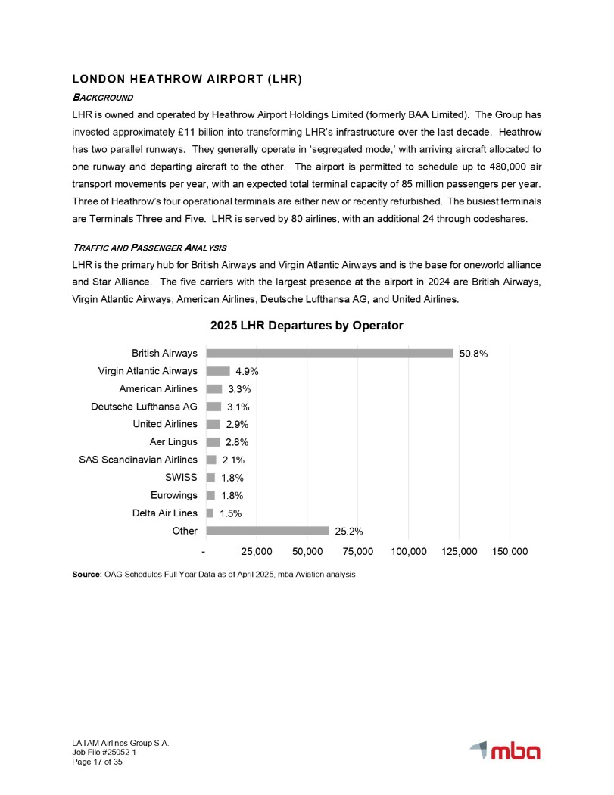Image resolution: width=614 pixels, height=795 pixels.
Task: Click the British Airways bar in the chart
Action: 329,353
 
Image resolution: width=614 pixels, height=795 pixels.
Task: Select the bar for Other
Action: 267,531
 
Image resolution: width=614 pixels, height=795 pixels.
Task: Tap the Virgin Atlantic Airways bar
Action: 218,371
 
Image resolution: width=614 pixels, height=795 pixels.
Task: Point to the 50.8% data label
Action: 473,354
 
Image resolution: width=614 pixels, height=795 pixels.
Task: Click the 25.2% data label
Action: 349,532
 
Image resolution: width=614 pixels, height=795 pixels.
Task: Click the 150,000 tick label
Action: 510,552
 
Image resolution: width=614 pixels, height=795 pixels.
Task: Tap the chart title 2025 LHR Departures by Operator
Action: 307,325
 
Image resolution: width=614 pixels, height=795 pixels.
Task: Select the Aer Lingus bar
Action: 213,442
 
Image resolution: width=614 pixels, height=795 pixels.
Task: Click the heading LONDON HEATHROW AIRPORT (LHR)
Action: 187,79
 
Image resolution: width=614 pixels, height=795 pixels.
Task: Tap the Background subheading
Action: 102,97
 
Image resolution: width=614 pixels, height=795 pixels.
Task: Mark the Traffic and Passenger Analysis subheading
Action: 149,248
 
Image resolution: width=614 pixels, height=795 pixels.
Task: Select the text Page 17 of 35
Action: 98,762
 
